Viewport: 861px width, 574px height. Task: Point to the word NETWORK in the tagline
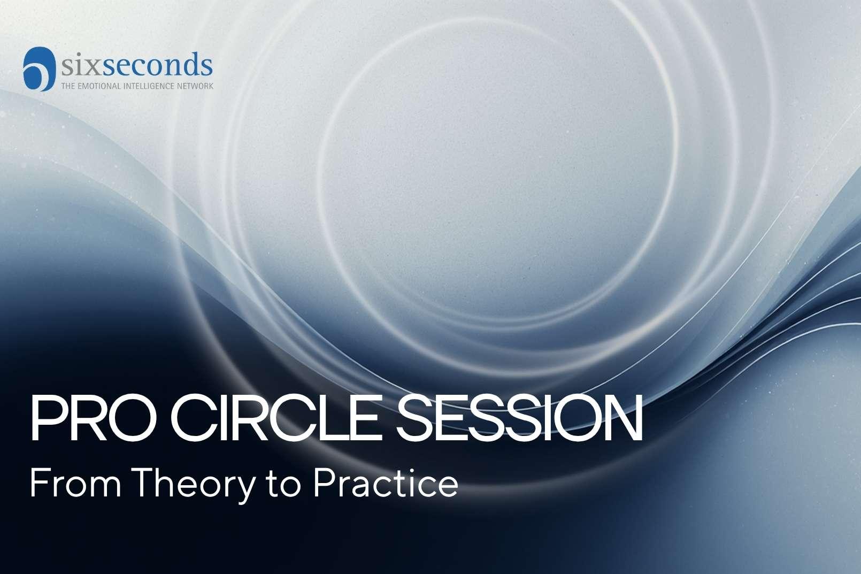click(196, 86)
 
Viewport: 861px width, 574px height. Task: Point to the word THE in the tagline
click(67, 86)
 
